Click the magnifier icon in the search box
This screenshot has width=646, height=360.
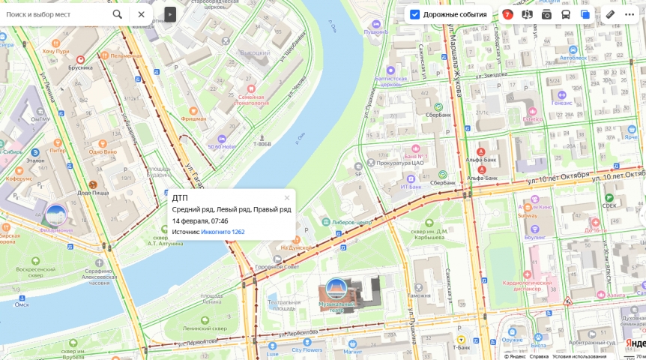click(x=118, y=14)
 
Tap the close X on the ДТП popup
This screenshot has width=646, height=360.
click(x=287, y=198)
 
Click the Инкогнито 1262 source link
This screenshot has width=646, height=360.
click(x=223, y=232)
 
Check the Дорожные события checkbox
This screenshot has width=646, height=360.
click(x=414, y=14)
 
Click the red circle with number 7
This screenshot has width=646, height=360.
click(x=507, y=14)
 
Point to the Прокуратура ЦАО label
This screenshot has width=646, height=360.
click(x=401, y=163)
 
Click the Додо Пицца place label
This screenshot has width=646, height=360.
click(x=94, y=193)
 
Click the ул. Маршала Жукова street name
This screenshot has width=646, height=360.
click(x=454, y=60)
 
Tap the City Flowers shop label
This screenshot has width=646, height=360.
click(x=307, y=349)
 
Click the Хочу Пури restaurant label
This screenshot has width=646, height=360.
click(x=55, y=51)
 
